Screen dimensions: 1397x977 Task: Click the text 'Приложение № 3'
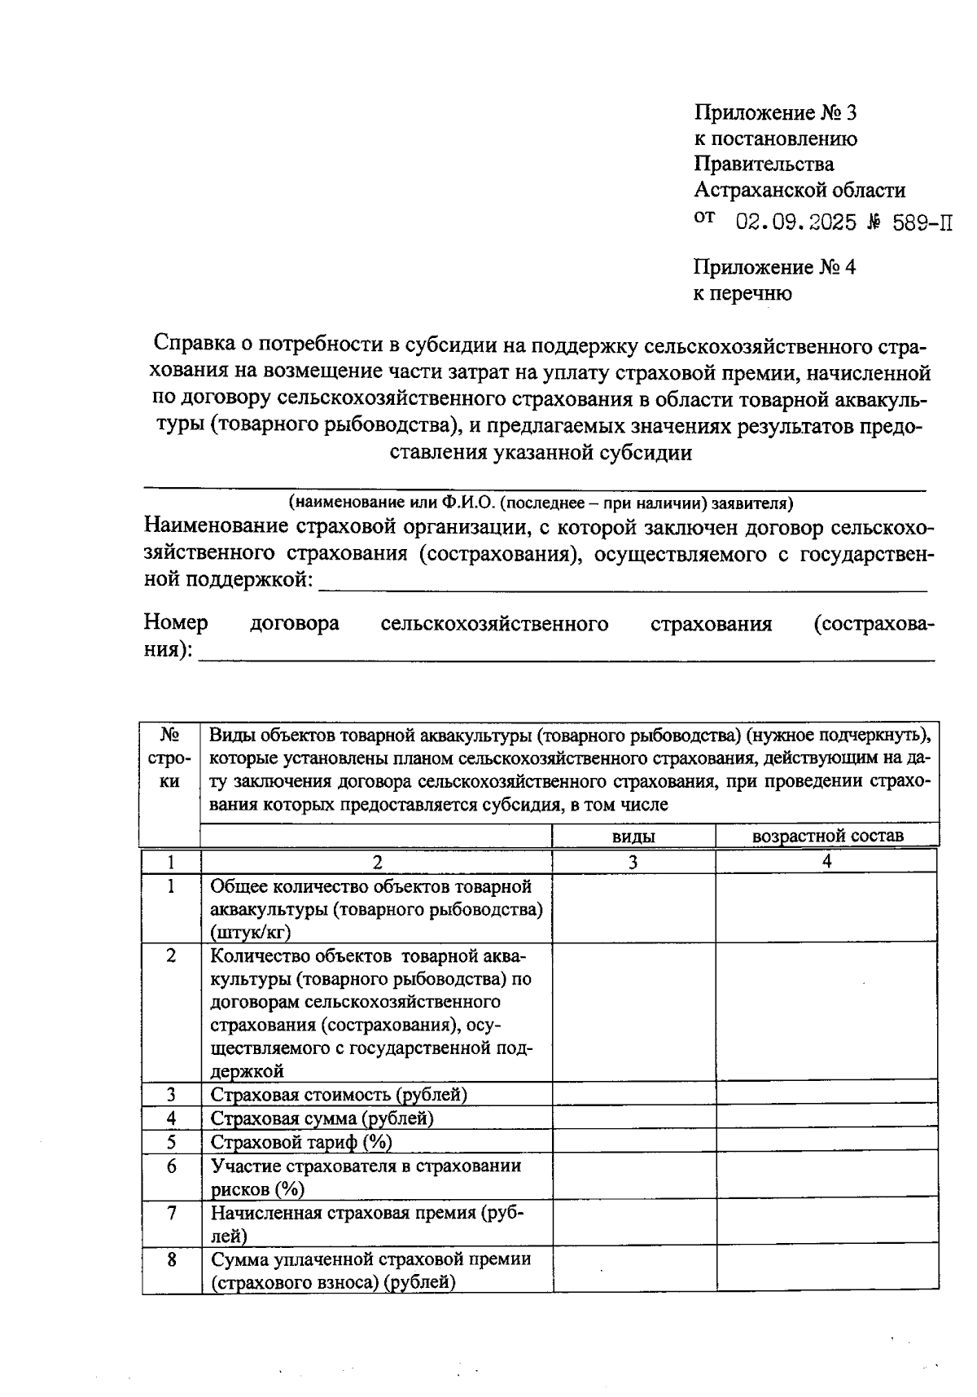(x=775, y=112)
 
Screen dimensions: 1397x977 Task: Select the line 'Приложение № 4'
(x=774, y=267)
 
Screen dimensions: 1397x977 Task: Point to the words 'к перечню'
(x=742, y=293)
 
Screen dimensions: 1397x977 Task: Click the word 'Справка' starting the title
(x=195, y=345)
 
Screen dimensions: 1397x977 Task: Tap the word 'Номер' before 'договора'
(x=176, y=623)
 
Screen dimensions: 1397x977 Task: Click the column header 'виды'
(x=633, y=836)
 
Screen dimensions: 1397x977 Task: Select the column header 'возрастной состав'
(x=827, y=836)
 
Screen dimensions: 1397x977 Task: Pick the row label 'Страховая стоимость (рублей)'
(x=339, y=1094)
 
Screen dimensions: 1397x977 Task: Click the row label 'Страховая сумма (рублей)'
(x=322, y=1118)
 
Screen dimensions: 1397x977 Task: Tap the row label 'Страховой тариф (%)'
(x=301, y=1142)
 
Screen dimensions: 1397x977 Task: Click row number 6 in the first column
(x=171, y=1166)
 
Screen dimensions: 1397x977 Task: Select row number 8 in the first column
(x=171, y=1259)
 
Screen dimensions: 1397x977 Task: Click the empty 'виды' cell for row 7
(x=633, y=1223)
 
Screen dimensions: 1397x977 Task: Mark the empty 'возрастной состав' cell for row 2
(x=827, y=1012)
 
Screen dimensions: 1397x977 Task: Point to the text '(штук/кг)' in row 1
(x=250, y=932)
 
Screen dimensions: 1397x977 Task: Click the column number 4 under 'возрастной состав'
(x=827, y=861)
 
